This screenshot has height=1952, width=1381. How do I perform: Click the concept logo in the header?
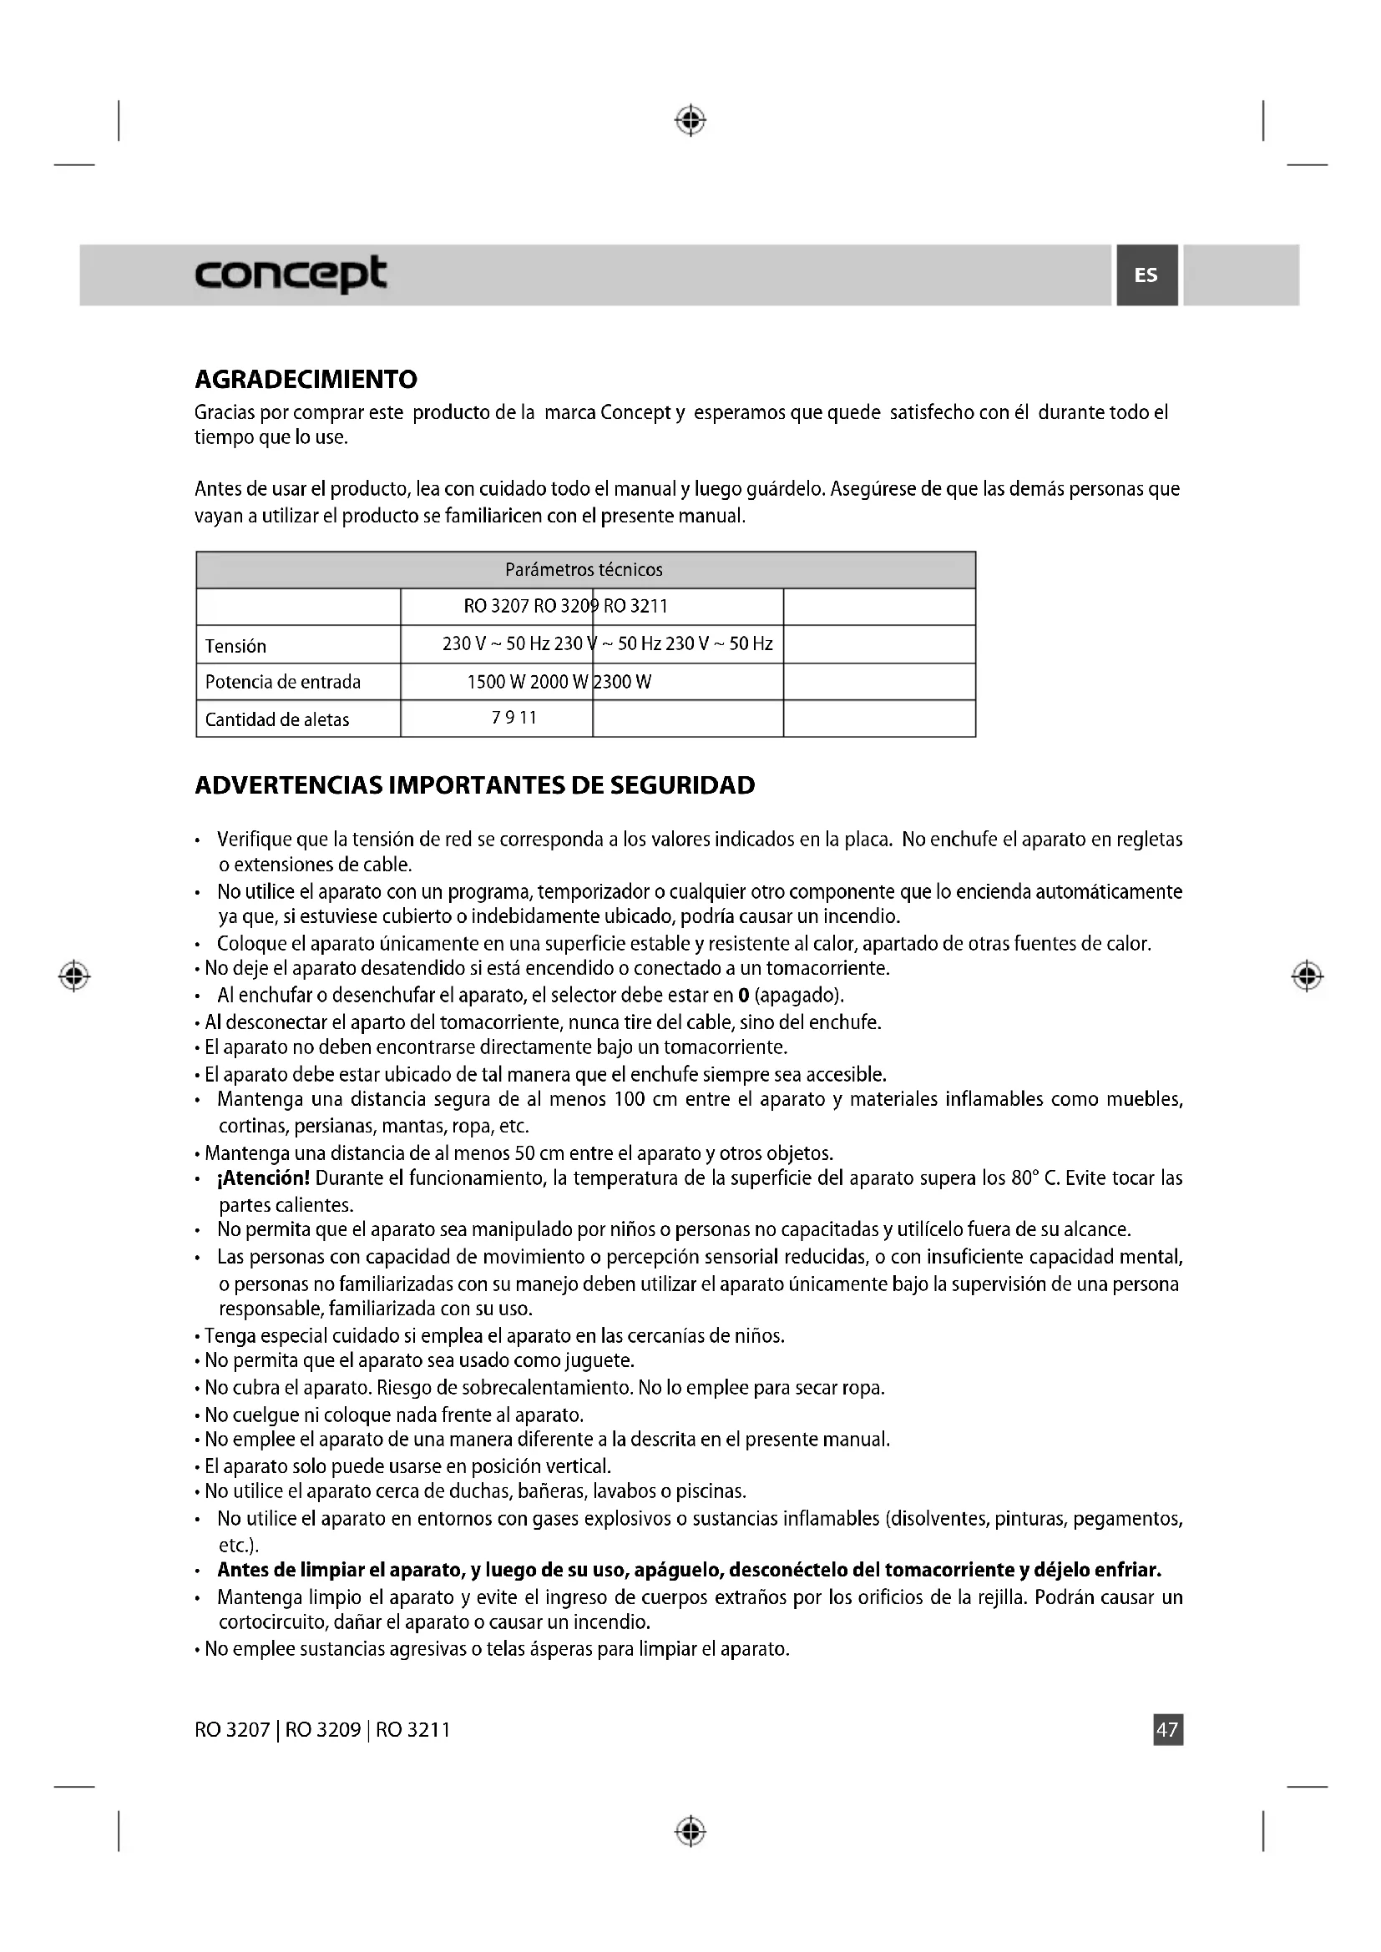(x=291, y=274)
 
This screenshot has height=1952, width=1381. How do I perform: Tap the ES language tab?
(x=1146, y=275)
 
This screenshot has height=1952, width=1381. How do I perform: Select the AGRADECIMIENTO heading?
(x=306, y=379)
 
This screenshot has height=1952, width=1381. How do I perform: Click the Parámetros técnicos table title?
(x=584, y=570)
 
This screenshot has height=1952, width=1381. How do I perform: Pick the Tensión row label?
(x=235, y=646)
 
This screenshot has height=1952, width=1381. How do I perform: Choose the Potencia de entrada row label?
(x=283, y=682)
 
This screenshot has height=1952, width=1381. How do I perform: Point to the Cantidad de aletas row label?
(x=277, y=719)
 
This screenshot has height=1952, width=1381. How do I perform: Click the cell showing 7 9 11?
(x=514, y=718)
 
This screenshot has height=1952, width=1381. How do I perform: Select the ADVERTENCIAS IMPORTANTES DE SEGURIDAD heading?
(x=474, y=784)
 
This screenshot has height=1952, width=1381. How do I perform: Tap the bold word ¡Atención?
(x=265, y=1178)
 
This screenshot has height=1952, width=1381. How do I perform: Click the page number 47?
(x=1167, y=1729)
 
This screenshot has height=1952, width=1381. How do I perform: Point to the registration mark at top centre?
(x=690, y=121)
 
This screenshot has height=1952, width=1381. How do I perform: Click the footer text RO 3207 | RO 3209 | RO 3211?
(x=322, y=1729)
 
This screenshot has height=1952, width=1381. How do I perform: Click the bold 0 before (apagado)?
(x=743, y=996)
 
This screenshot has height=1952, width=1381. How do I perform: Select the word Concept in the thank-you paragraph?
(x=636, y=412)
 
